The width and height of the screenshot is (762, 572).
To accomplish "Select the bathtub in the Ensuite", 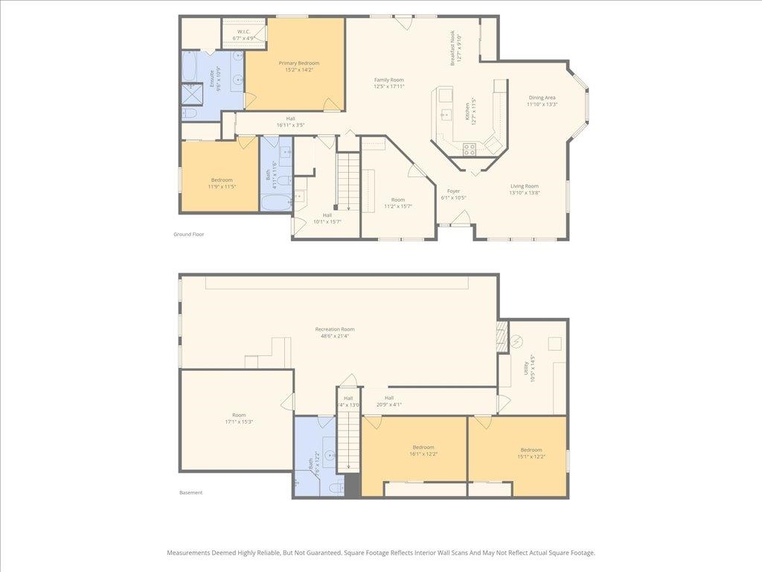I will (x=189, y=67).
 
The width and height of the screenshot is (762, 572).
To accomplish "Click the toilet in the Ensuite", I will (x=190, y=113).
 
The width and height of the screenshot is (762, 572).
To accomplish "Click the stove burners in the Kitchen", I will (x=470, y=148).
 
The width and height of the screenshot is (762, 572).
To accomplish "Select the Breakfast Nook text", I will (x=455, y=48).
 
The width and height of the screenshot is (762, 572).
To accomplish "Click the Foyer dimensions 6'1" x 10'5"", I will (x=453, y=197).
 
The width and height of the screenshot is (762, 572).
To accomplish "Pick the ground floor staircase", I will (x=348, y=180).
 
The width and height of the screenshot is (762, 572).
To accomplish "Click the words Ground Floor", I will (x=188, y=234).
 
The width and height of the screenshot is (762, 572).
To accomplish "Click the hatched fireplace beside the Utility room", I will (x=502, y=336).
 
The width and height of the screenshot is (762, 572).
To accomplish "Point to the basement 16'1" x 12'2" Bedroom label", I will (x=422, y=451).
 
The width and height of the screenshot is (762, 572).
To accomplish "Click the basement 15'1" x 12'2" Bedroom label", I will (x=531, y=453).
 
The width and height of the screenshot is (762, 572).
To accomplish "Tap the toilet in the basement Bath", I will (x=336, y=488).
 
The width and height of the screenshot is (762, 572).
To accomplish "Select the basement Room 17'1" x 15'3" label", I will (x=238, y=419).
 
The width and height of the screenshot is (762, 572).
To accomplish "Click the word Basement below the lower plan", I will (x=190, y=492).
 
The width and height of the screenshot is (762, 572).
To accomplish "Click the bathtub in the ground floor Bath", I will (x=276, y=203).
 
